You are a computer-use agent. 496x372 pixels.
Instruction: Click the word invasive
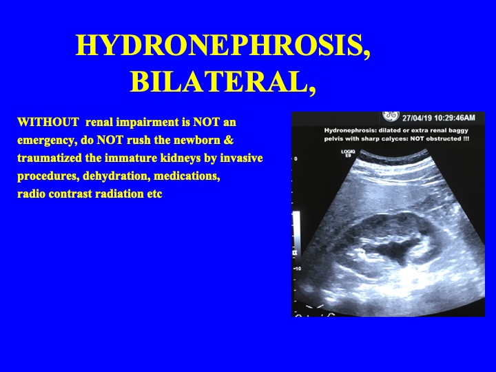(240, 158)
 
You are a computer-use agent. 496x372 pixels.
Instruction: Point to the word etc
(152, 194)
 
